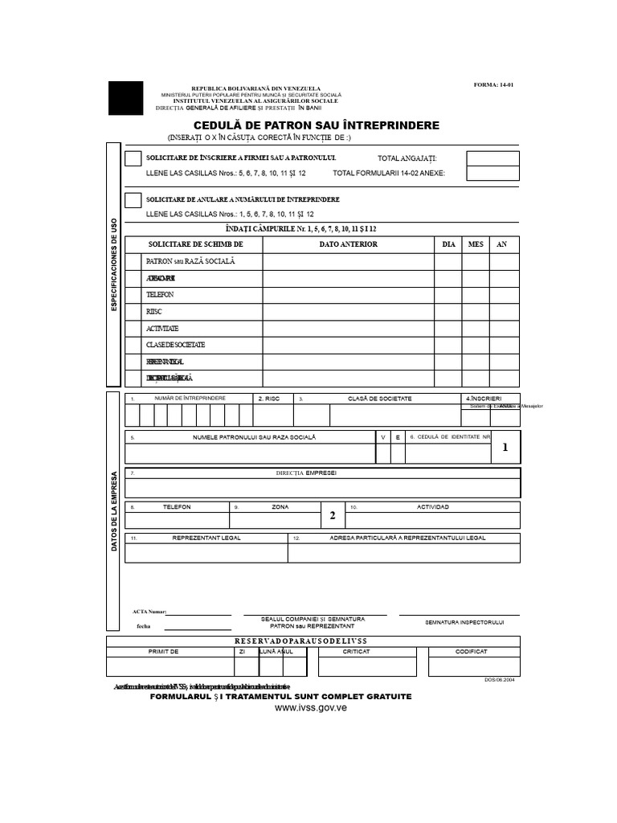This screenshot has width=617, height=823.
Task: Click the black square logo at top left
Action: pyautogui.click(x=126, y=98)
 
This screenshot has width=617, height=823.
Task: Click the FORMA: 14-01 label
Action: pyautogui.click(x=495, y=84)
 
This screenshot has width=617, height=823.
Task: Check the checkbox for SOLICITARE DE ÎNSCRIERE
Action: pyautogui.click(x=133, y=158)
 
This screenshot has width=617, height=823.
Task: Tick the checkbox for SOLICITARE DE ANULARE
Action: pyautogui.click(x=133, y=200)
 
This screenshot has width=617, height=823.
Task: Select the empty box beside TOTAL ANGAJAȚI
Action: pyautogui.click(x=492, y=158)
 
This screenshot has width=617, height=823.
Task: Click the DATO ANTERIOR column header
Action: pyautogui.click(x=348, y=244)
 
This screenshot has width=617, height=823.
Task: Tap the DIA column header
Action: pyautogui.click(x=448, y=244)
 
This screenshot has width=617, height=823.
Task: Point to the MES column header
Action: pyautogui.click(x=476, y=244)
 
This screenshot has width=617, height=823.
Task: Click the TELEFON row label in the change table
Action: pyautogui.click(x=160, y=295)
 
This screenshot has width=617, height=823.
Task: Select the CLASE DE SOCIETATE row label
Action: pyautogui.click(x=175, y=345)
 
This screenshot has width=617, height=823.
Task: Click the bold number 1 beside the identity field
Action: pyautogui.click(x=505, y=448)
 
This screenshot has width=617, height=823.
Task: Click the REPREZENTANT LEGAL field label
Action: pyautogui.click(x=206, y=538)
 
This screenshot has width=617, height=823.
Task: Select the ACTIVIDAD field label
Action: pyautogui.click(x=432, y=507)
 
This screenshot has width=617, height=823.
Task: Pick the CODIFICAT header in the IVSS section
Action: pyautogui.click(x=473, y=652)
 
